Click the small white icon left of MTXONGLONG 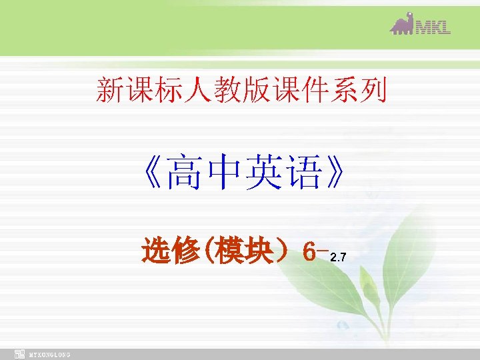(20, 354)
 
